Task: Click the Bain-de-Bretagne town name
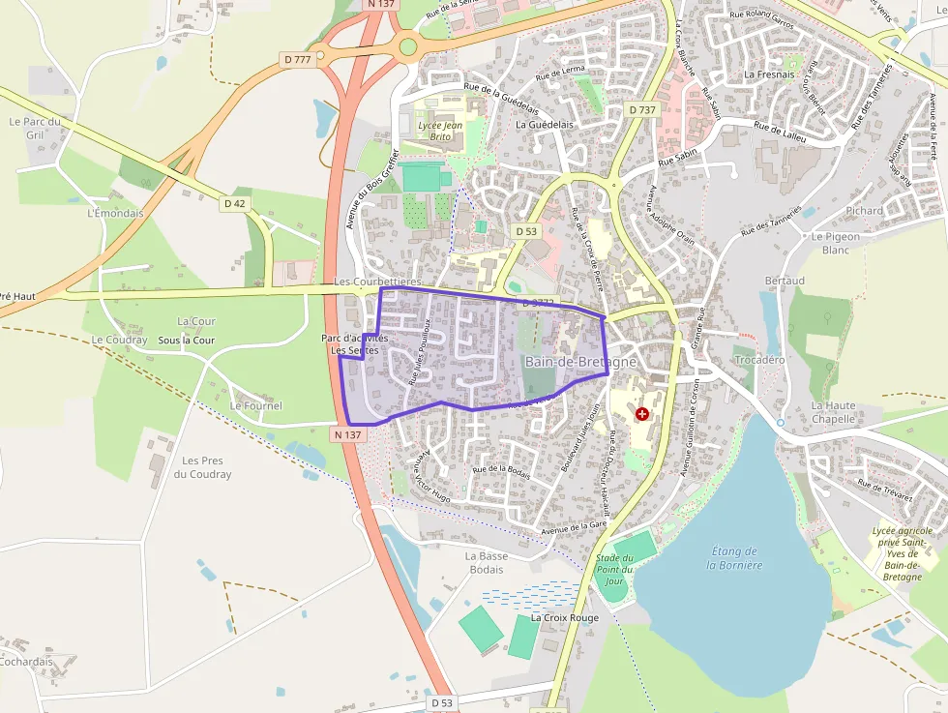click(580, 361)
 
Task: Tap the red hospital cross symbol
click(642, 414)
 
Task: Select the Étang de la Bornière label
click(737, 558)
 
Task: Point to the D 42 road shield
click(235, 203)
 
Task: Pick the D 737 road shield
click(641, 110)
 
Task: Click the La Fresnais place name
click(769, 74)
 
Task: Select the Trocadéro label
click(759, 359)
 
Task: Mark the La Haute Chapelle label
click(834, 412)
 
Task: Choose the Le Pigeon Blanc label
click(836, 243)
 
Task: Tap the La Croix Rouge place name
click(565, 617)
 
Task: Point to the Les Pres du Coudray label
click(203, 467)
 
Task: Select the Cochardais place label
click(26, 662)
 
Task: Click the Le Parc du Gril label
click(34, 128)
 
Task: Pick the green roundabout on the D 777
click(408, 45)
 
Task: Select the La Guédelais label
click(546, 124)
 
